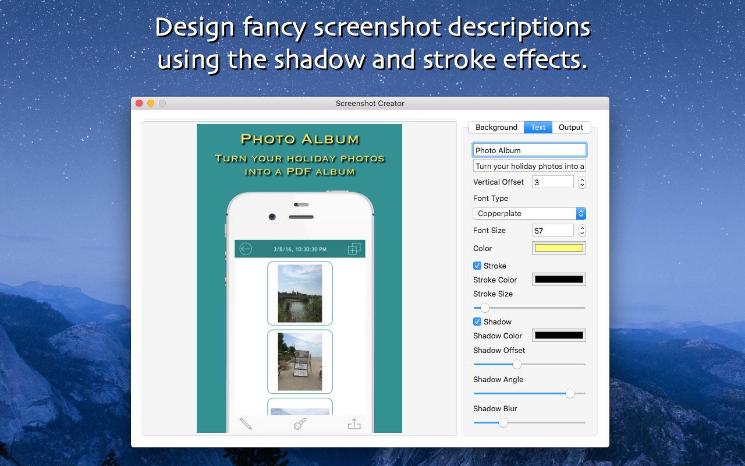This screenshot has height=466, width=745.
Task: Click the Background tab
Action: [x=496, y=127]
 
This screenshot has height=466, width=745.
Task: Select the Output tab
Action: [x=571, y=127]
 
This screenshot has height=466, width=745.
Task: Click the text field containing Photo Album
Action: [x=529, y=150]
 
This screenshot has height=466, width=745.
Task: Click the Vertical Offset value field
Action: [x=552, y=182]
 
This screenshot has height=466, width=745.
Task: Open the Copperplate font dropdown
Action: [x=529, y=214]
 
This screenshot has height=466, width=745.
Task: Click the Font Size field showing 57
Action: [x=552, y=231]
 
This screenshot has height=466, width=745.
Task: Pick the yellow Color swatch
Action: [x=559, y=248]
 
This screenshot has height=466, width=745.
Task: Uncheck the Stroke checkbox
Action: [x=477, y=266]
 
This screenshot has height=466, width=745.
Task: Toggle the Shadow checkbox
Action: [x=477, y=322]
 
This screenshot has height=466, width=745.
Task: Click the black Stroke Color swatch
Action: [x=559, y=280]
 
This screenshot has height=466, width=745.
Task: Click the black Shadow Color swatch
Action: [x=559, y=336]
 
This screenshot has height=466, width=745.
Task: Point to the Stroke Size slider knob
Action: [x=485, y=308]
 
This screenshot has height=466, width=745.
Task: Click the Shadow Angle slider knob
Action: [x=570, y=393]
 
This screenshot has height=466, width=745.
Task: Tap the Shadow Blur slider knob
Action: [x=503, y=422]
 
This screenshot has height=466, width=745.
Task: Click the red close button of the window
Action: [x=139, y=103]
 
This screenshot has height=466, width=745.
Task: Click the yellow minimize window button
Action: [x=151, y=103]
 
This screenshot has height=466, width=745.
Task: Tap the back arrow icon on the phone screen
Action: [x=246, y=249]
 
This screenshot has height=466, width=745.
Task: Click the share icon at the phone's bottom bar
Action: [x=354, y=424]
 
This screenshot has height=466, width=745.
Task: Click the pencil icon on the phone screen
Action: [x=246, y=424]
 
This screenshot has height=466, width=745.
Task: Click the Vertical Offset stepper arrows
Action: [x=582, y=182]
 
